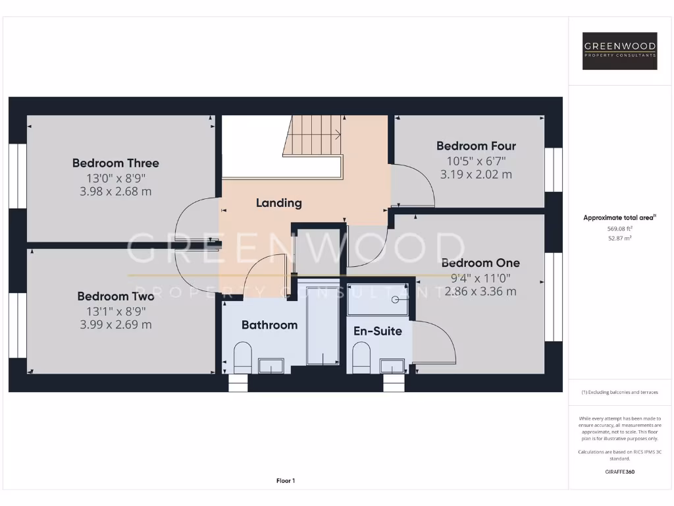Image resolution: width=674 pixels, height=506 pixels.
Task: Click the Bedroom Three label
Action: (x=115, y=163)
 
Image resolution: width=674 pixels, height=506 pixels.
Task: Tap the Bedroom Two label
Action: (x=115, y=296)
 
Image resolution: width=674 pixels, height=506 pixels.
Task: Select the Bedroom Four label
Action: (x=476, y=146)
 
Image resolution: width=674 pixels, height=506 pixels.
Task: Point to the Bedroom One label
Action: (x=480, y=263)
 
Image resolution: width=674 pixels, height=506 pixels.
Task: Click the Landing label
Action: (x=278, y=203)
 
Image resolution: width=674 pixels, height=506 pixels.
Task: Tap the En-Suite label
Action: (x=378, y=331)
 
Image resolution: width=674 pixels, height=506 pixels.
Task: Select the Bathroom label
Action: (x=269, y=325)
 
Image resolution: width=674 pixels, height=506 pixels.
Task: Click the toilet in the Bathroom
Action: (x=243, y=358)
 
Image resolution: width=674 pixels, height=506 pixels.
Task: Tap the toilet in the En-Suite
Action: (x=361, y=358)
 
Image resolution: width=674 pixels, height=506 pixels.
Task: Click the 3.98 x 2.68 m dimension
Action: (x=115, y=192)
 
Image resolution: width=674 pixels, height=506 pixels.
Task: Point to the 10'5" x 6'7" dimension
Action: (x=476, y=160)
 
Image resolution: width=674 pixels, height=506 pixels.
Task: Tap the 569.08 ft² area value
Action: (x=619, y=229)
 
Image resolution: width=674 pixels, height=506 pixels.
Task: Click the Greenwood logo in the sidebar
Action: (x=620, y=51)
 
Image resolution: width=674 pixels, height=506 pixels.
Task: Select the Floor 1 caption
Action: (x=285, y=481)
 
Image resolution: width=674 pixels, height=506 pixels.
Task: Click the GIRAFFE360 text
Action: (x=619, y=472)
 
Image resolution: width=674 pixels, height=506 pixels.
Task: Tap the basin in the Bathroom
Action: (x=270, y=366)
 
